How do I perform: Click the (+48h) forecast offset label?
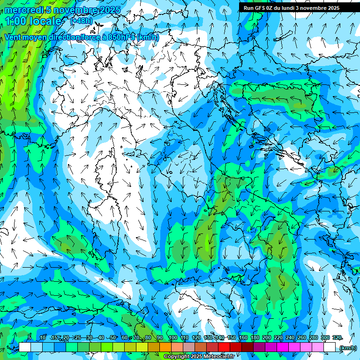[x=81, y=21]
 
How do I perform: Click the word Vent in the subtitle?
[x=13, y=37]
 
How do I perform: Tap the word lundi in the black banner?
[x=289, y=7]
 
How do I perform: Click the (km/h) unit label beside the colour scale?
[x=347, y=347]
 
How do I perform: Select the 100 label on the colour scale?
[x=172, y=338]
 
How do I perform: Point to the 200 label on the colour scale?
[x=267, y=338]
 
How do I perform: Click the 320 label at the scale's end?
[x=337, y=338]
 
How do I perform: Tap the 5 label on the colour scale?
[x=29, y=338]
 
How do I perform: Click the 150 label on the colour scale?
[x=231, y=338]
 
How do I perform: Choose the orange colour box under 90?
[x=165, y=347]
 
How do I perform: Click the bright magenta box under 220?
[x=283, y=347]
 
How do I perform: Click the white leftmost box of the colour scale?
[x=25, y=347]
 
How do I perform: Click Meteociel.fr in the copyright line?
[x=222, y=357]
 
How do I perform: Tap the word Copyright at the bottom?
[x=176, y=357]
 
